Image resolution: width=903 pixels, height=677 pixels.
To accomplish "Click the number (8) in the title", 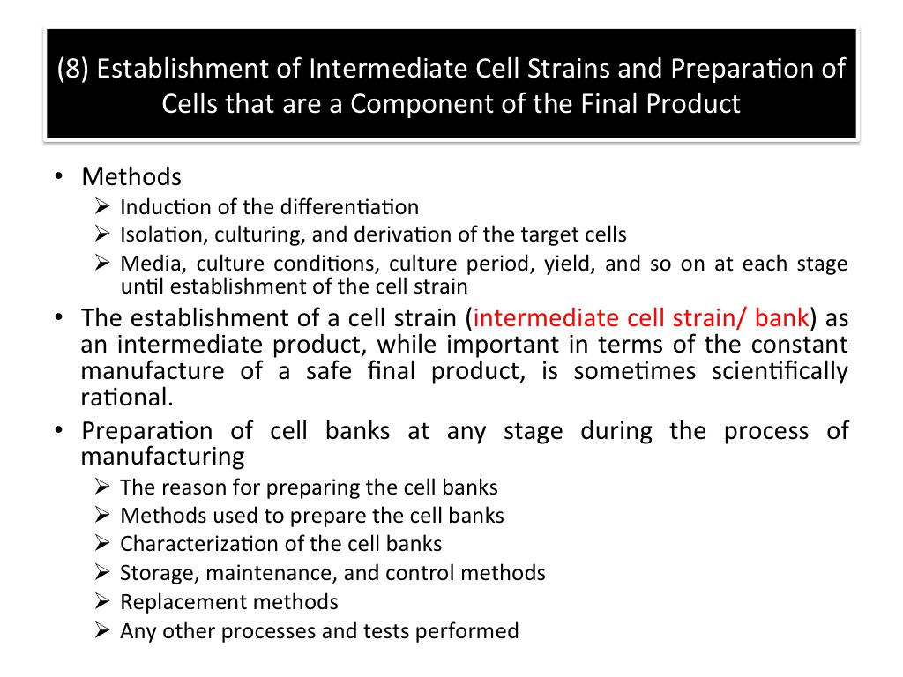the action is tap(72, 69).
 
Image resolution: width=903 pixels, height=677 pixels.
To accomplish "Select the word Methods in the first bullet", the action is tap(131, 176).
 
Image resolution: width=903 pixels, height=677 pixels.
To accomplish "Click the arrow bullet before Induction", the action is tap(102, 206).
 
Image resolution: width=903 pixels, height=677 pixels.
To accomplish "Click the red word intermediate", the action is tap(546, 317).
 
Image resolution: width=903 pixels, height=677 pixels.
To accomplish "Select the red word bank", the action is tap(781, 317).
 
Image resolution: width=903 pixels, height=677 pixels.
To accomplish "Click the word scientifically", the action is tap(780, 371).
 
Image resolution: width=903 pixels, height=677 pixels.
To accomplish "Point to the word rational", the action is tap(127, 398).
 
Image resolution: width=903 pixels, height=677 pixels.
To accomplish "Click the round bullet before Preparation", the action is tap(59, 429).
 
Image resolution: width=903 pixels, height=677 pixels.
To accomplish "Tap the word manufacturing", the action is tap(162, 457).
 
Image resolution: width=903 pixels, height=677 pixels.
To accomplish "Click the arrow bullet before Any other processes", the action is tap(102, 630).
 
